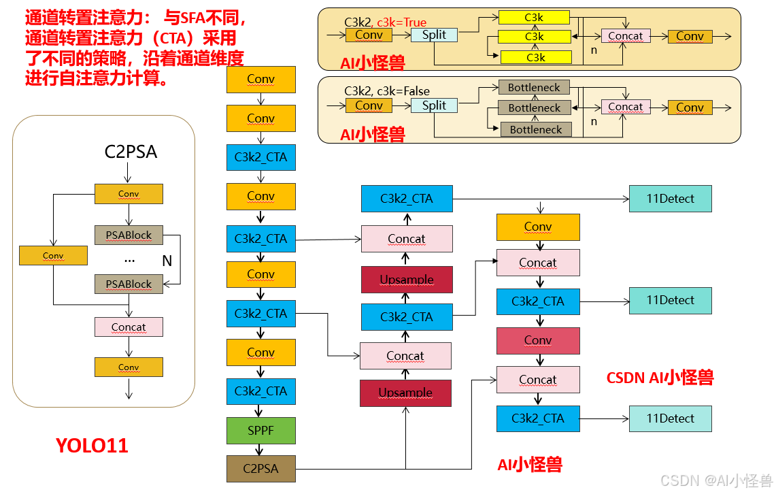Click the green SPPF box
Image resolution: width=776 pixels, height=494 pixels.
[261, 431]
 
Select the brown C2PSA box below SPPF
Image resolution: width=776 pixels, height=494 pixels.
[261, 469]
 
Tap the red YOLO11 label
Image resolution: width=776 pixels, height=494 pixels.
[92, 446]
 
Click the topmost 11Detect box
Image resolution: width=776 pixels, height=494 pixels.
[670, 199]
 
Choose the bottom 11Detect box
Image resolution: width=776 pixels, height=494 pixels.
[670, 418]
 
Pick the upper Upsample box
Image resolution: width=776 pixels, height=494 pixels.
[407, 280]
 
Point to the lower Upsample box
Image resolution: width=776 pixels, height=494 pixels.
[405, 393]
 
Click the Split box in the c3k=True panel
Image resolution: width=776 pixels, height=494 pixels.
[434, 34]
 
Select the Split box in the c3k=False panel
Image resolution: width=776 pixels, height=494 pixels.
[434, 105]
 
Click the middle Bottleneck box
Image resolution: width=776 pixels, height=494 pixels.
[535, 108]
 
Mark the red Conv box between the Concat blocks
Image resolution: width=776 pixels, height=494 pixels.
[538, 340]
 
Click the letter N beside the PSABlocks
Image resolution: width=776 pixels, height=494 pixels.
[167, 261]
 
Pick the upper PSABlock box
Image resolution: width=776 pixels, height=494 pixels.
[129, 235]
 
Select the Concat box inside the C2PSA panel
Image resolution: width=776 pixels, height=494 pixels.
[129, 327]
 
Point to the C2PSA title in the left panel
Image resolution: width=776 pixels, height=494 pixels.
[131, 152]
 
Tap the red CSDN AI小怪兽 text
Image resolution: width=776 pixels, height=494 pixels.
[660, 377]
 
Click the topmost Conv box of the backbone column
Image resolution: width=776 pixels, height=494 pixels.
[261, 80]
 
